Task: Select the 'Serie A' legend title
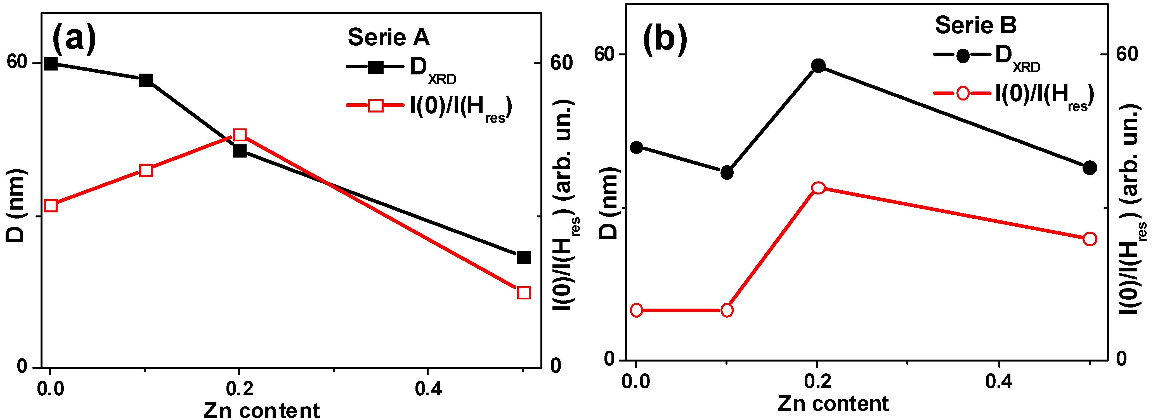[389, 37]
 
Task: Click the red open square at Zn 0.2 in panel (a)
[240, 135]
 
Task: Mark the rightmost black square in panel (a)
[523, 257]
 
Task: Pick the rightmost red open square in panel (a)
[523, 293]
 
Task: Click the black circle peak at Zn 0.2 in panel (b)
[818, 66]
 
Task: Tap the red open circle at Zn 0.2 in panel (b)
[818, 187]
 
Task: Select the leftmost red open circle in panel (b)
[636, 310]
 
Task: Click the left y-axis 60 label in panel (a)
[17, 62]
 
